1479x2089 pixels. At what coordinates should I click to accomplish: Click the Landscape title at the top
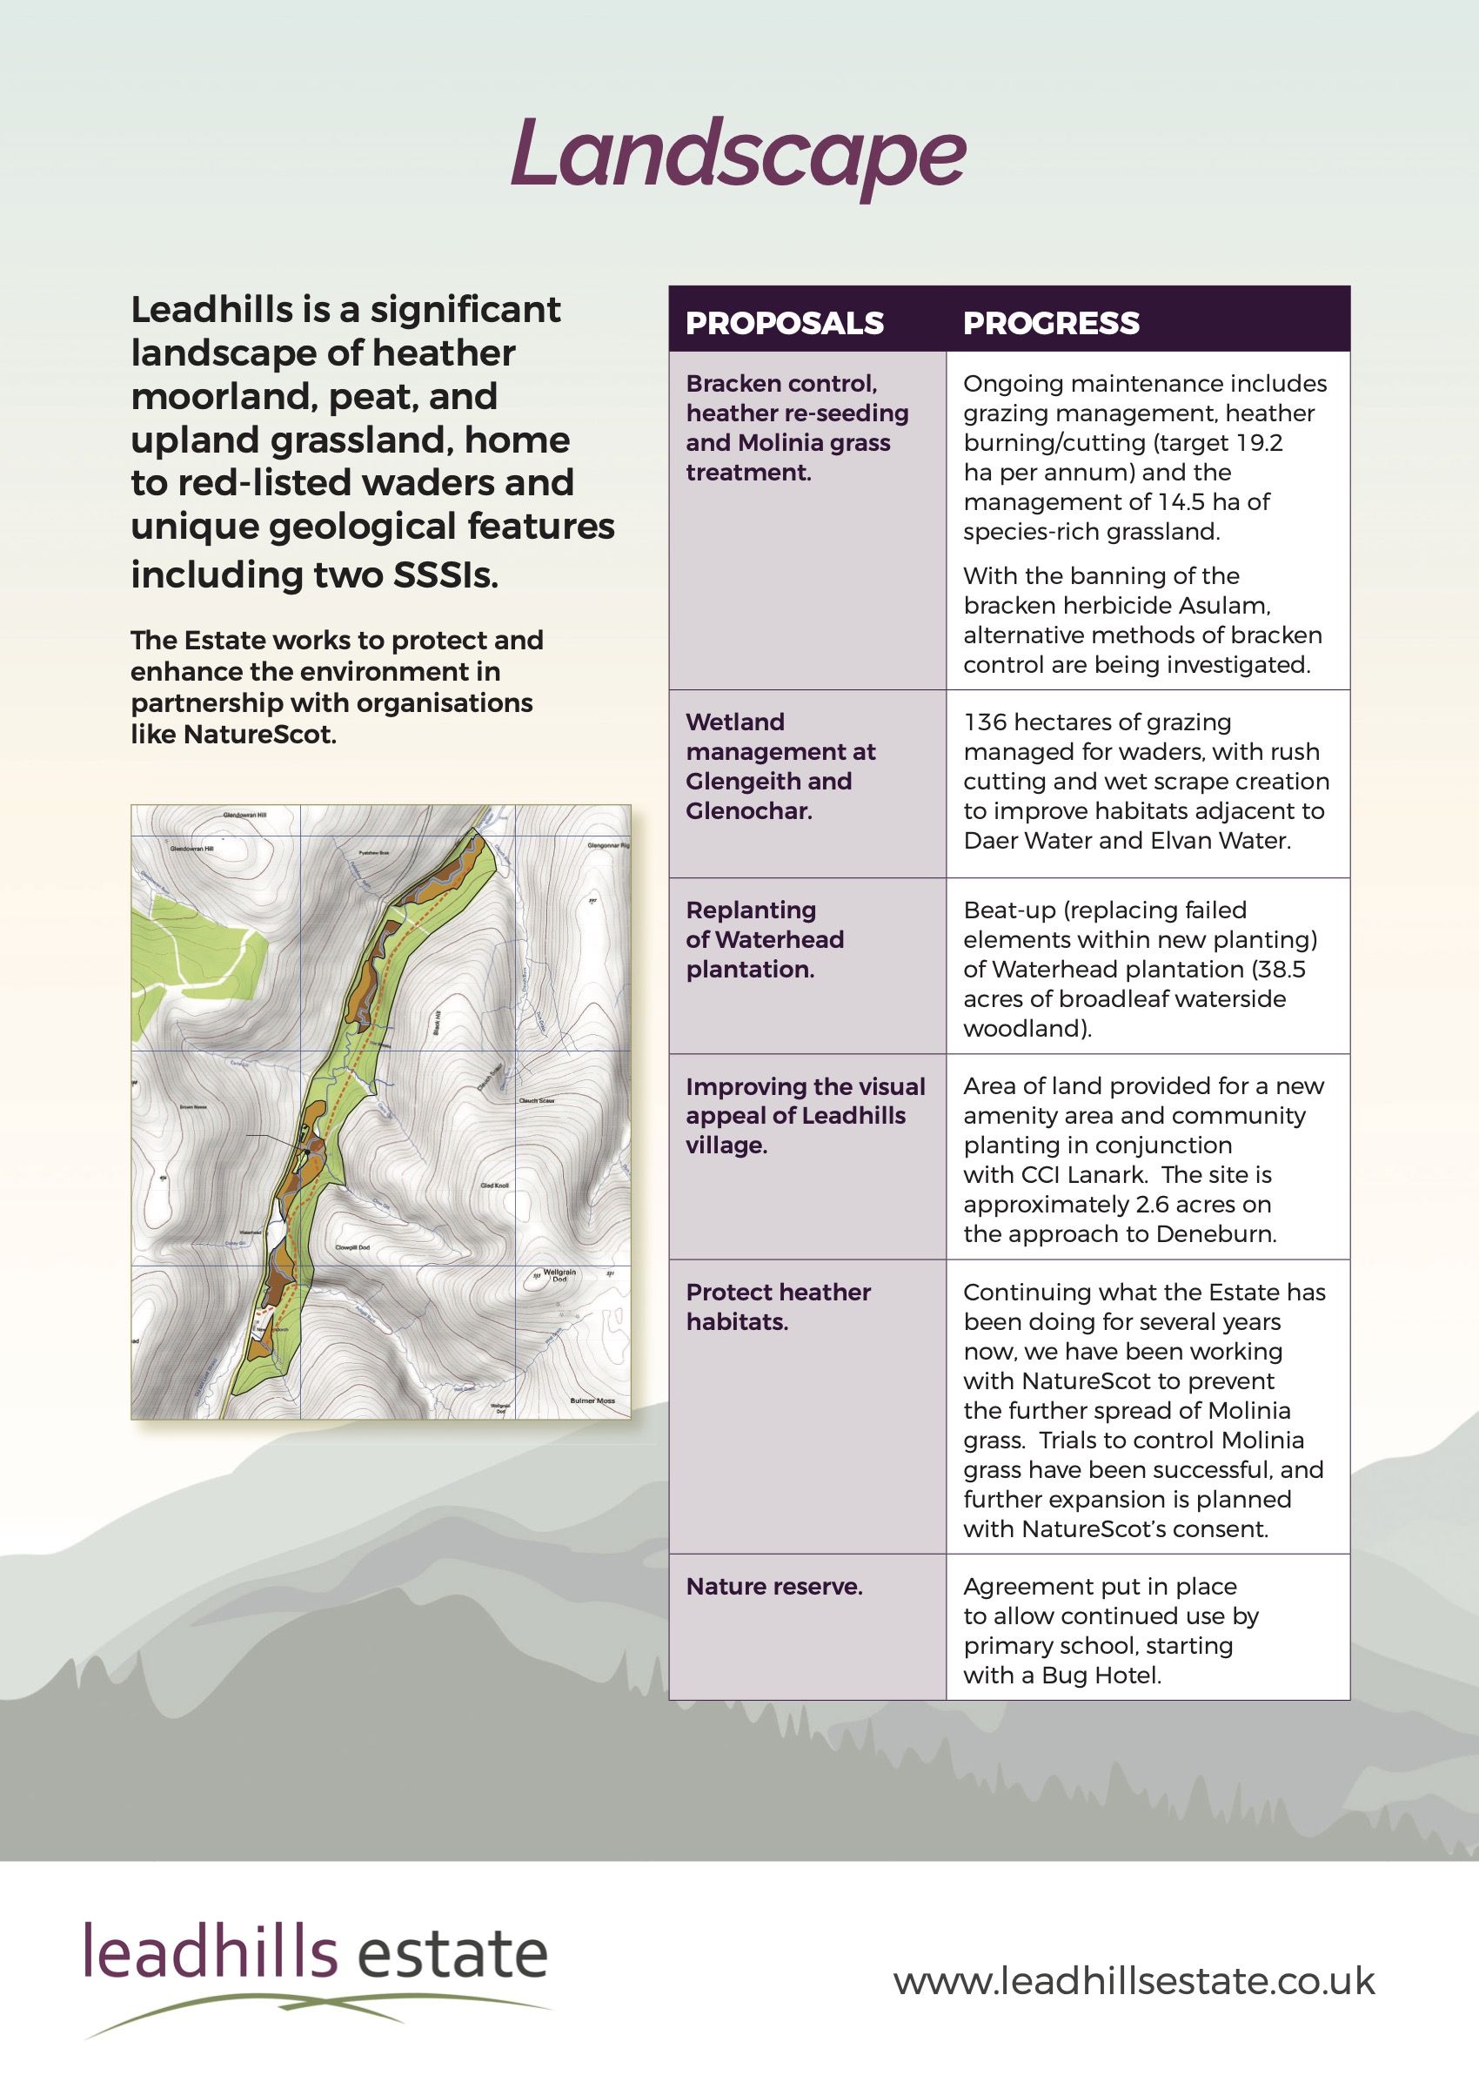click(x=738, y=155)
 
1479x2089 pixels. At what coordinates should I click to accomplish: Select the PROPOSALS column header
click(x=784, y=324)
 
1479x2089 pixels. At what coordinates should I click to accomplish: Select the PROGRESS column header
click(x=1051, y=324)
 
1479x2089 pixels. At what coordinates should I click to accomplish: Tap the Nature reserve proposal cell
click(x=774, y=1587)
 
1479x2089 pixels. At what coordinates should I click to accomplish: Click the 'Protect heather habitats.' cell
click(x=778, y=1307)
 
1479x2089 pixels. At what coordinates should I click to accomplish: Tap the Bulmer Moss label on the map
click(x=592, y=1401)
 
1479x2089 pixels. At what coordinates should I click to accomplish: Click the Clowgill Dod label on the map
click(x=352, y=1248)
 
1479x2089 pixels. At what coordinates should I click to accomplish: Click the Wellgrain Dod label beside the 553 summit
click(x=561, y=1275)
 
